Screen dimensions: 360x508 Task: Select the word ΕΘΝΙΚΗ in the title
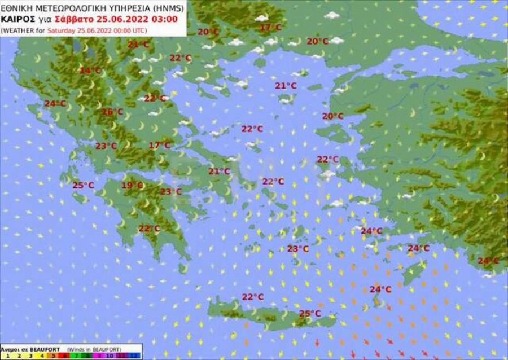[x=16, y=9]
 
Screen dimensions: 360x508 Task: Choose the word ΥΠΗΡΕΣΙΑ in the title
[x=119, y=9]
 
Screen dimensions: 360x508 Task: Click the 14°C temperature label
[x=90, y=71]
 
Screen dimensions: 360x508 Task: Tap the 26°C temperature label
[x=112, y=112]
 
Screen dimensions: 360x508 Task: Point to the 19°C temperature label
[x=132, y=185]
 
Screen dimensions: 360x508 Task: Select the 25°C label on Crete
[x=309, y=314]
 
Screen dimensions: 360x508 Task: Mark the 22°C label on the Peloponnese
[x=149, y=229]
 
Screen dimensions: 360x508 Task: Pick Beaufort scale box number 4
[x=42, y=355]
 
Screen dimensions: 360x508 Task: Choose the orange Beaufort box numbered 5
[x=54, y=355]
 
